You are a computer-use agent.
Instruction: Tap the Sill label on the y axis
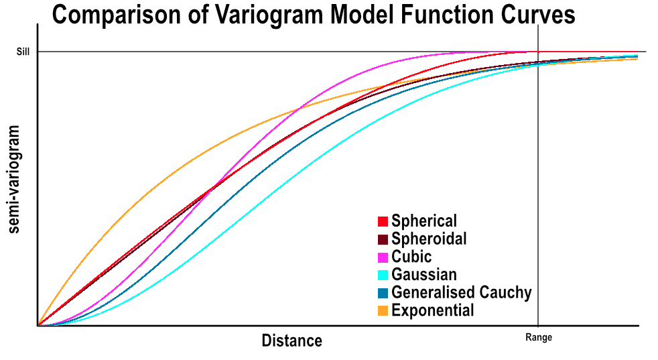[x=23, y=52]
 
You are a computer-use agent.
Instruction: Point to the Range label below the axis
[x=539, y=337]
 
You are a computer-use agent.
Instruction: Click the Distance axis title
[x=291, y=341]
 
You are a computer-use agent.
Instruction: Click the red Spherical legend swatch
[x=383, y=221]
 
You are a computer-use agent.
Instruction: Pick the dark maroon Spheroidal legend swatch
[x=383, y=239]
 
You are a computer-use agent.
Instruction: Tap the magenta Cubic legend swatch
[x=383, y=257]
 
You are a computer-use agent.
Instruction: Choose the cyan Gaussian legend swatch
[x=383, y=275]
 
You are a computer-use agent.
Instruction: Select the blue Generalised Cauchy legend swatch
[x=383, y=293]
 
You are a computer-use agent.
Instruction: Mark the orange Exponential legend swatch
[x=383, y=310]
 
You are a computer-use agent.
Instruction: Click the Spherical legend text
[x=424, y=221]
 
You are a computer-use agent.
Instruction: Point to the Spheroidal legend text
[x=429, y=239]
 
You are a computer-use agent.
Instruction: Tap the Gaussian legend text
[x=424, y=275]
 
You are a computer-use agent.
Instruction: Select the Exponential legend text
[x=433, y=310]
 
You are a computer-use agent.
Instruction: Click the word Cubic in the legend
[x=411, y=257]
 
